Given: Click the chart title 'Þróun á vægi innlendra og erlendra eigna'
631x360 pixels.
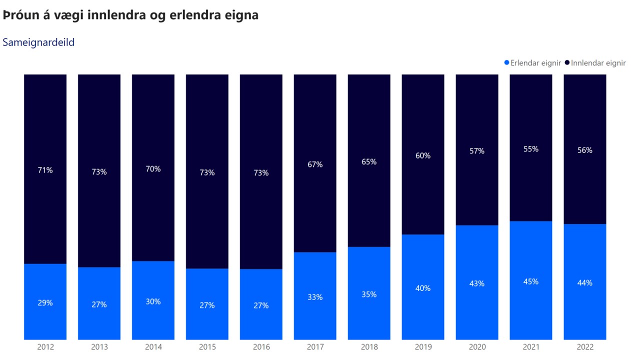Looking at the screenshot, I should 130,15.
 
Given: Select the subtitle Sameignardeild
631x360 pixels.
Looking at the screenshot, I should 38,42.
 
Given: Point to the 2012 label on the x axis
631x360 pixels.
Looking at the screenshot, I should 45,347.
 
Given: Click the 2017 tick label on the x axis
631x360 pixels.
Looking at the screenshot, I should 315,347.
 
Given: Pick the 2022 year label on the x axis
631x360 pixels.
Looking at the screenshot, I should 585,347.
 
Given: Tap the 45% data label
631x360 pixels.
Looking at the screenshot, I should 531,281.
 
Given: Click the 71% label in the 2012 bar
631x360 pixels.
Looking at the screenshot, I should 45,170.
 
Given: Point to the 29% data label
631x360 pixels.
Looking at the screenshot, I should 45,302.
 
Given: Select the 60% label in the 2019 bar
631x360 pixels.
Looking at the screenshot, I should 423,155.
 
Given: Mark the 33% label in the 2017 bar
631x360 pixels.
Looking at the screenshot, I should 315,297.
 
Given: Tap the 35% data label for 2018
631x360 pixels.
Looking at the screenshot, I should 369,294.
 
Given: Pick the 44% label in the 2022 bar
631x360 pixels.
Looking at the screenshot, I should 585,282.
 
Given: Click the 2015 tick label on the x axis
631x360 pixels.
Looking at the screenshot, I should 207,347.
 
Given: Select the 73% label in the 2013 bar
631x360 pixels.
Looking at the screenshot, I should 99,172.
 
